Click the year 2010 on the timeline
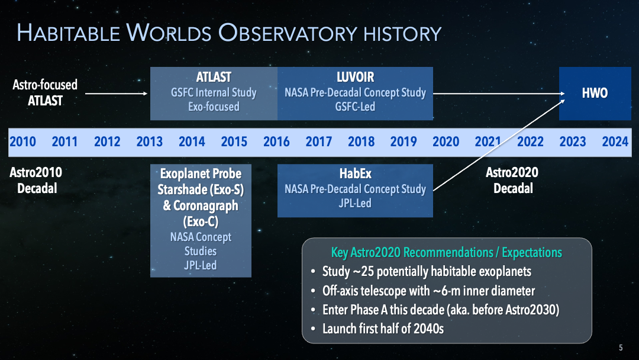tap(22, 142)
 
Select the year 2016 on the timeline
tap(276, 142)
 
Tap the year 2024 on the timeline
tap(615, 142)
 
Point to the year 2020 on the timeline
tap(446, 142)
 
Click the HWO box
tap(595, 94)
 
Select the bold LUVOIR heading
tap(355, 78)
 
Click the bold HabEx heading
tap(355, 174)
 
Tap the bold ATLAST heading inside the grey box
tap(214, 78)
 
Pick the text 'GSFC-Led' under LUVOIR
tap(355, 107)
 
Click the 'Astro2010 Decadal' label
tap(36, 180)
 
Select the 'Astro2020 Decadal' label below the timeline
tap(512, 180)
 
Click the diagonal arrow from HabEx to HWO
tap(497, 146)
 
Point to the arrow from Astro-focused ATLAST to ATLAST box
tap(116, 94)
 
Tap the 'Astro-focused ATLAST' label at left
tap(45, 93)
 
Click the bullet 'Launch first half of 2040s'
tap(383, 328)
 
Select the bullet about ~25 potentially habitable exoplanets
tap(426, 272)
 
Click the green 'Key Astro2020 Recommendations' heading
tap(447, 253)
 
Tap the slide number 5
tap(621, 348)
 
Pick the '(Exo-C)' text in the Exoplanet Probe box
tap(201, 221)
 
